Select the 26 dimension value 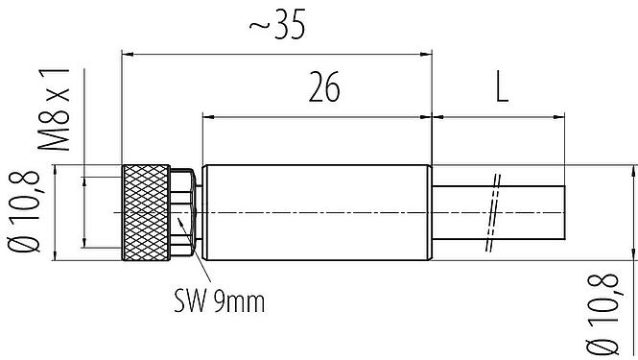tap(324, 88)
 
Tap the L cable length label tap(501, 88)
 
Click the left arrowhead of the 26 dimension tap(207, 117)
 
